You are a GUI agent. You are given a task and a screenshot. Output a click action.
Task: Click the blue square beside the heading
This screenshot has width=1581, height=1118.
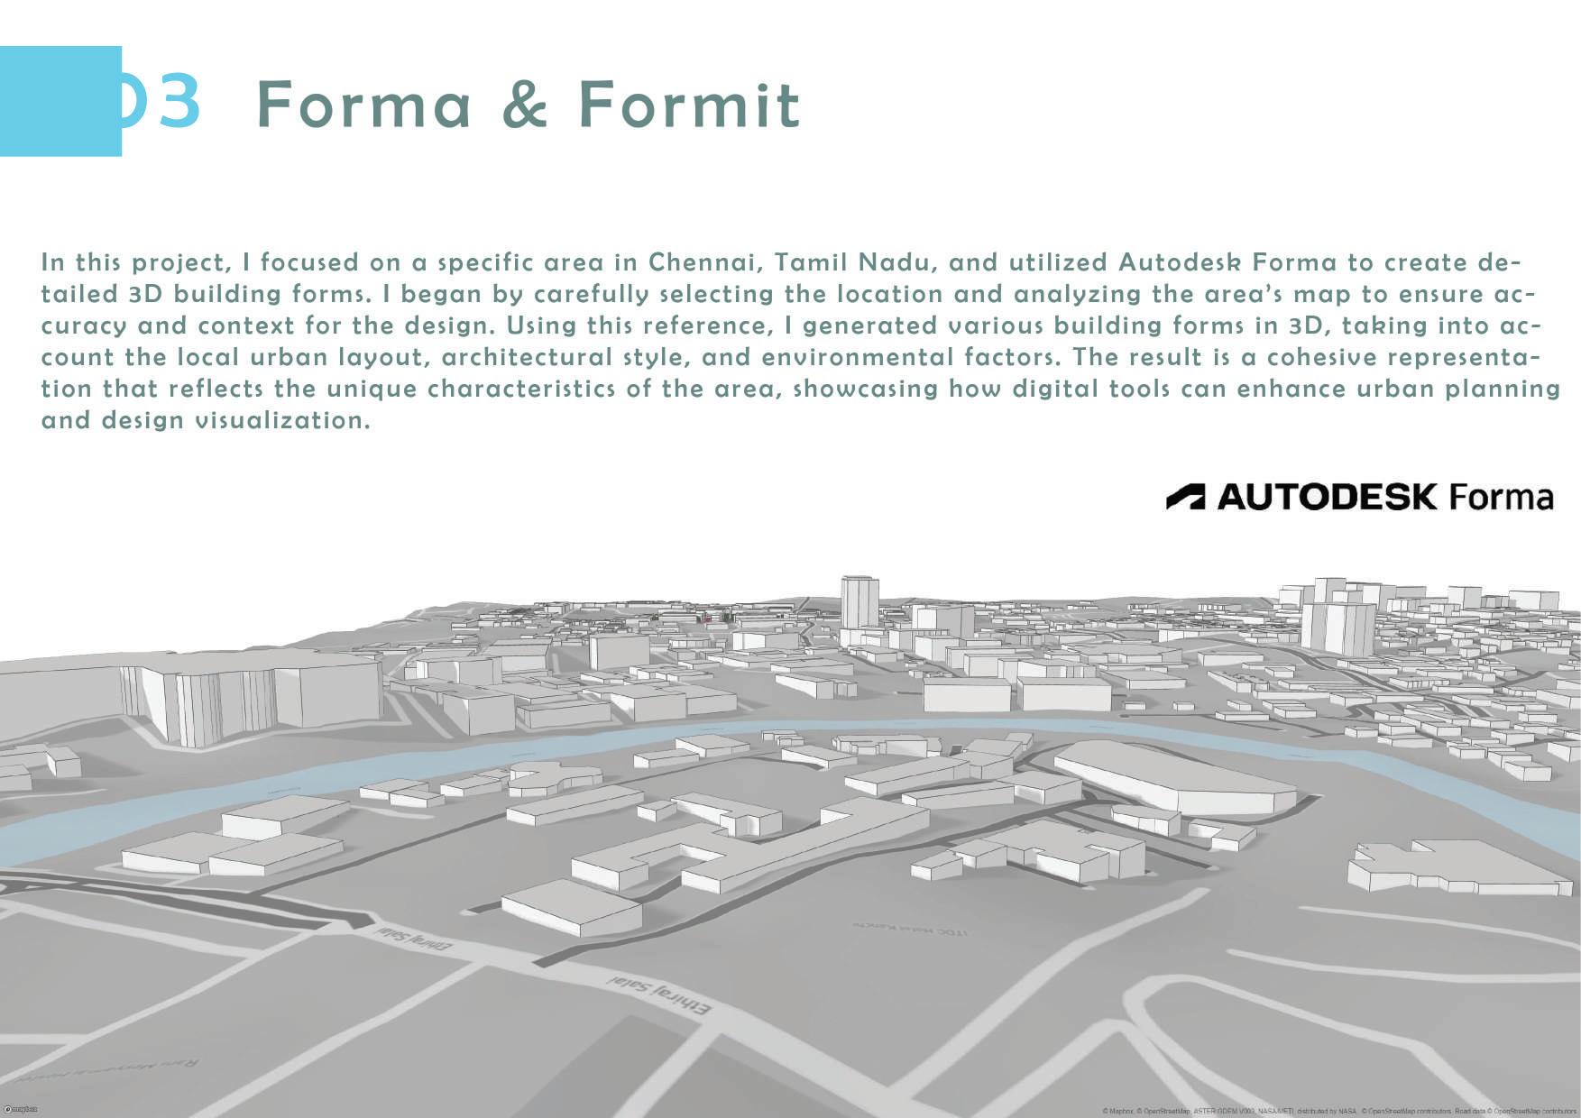pos(60,101)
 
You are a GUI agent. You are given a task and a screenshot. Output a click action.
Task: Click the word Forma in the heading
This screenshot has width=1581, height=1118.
pos(363,105)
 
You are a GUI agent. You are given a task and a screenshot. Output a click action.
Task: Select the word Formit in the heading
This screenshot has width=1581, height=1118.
pos(689,105)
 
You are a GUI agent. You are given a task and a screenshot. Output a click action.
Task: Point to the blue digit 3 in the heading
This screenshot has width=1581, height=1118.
pos(177,101)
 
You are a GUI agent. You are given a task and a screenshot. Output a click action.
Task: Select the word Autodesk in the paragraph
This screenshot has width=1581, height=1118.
pos(1178,262)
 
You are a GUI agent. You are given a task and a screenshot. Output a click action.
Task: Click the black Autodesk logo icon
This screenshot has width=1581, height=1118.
pos(1185,497)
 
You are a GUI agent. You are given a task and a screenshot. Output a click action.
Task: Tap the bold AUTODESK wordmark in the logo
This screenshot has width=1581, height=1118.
pos(1327,497)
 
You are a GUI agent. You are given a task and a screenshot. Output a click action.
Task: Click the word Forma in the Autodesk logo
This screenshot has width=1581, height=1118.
pos(1501,498)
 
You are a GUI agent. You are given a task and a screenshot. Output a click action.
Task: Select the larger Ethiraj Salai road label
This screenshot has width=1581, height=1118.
pos(659,994)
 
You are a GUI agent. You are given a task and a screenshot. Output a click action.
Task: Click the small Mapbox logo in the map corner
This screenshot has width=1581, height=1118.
pos(21,1109)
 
